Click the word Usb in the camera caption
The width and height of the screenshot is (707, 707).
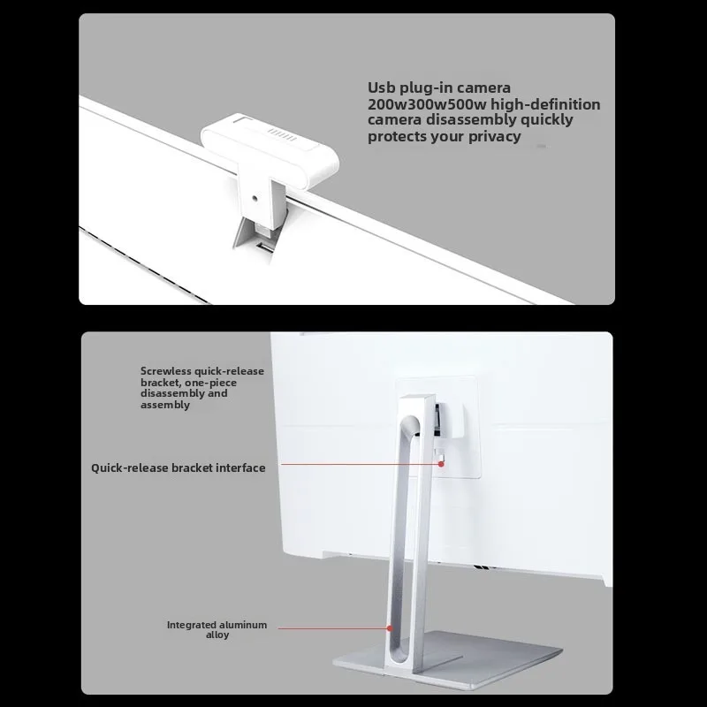click(381, 87)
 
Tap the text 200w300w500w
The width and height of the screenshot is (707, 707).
click(427, 104)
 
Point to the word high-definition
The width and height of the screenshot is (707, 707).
click(545, 104)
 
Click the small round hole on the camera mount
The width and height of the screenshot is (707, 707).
click(255, 197)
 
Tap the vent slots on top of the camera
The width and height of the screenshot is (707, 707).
click(282, 134)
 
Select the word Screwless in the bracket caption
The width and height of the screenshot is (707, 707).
click(165, 371)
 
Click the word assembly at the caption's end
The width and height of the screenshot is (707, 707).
click(164, 405)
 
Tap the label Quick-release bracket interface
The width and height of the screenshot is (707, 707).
click(179, 468)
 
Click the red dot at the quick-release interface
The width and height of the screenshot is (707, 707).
click(441, 463)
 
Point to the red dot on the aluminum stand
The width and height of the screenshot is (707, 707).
click(390, 627)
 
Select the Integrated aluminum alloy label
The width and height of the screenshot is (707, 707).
click(217, 629)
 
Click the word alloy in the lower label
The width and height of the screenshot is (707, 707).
click(217, 635)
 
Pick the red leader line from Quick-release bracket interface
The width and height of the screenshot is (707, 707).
click(360, 463)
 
